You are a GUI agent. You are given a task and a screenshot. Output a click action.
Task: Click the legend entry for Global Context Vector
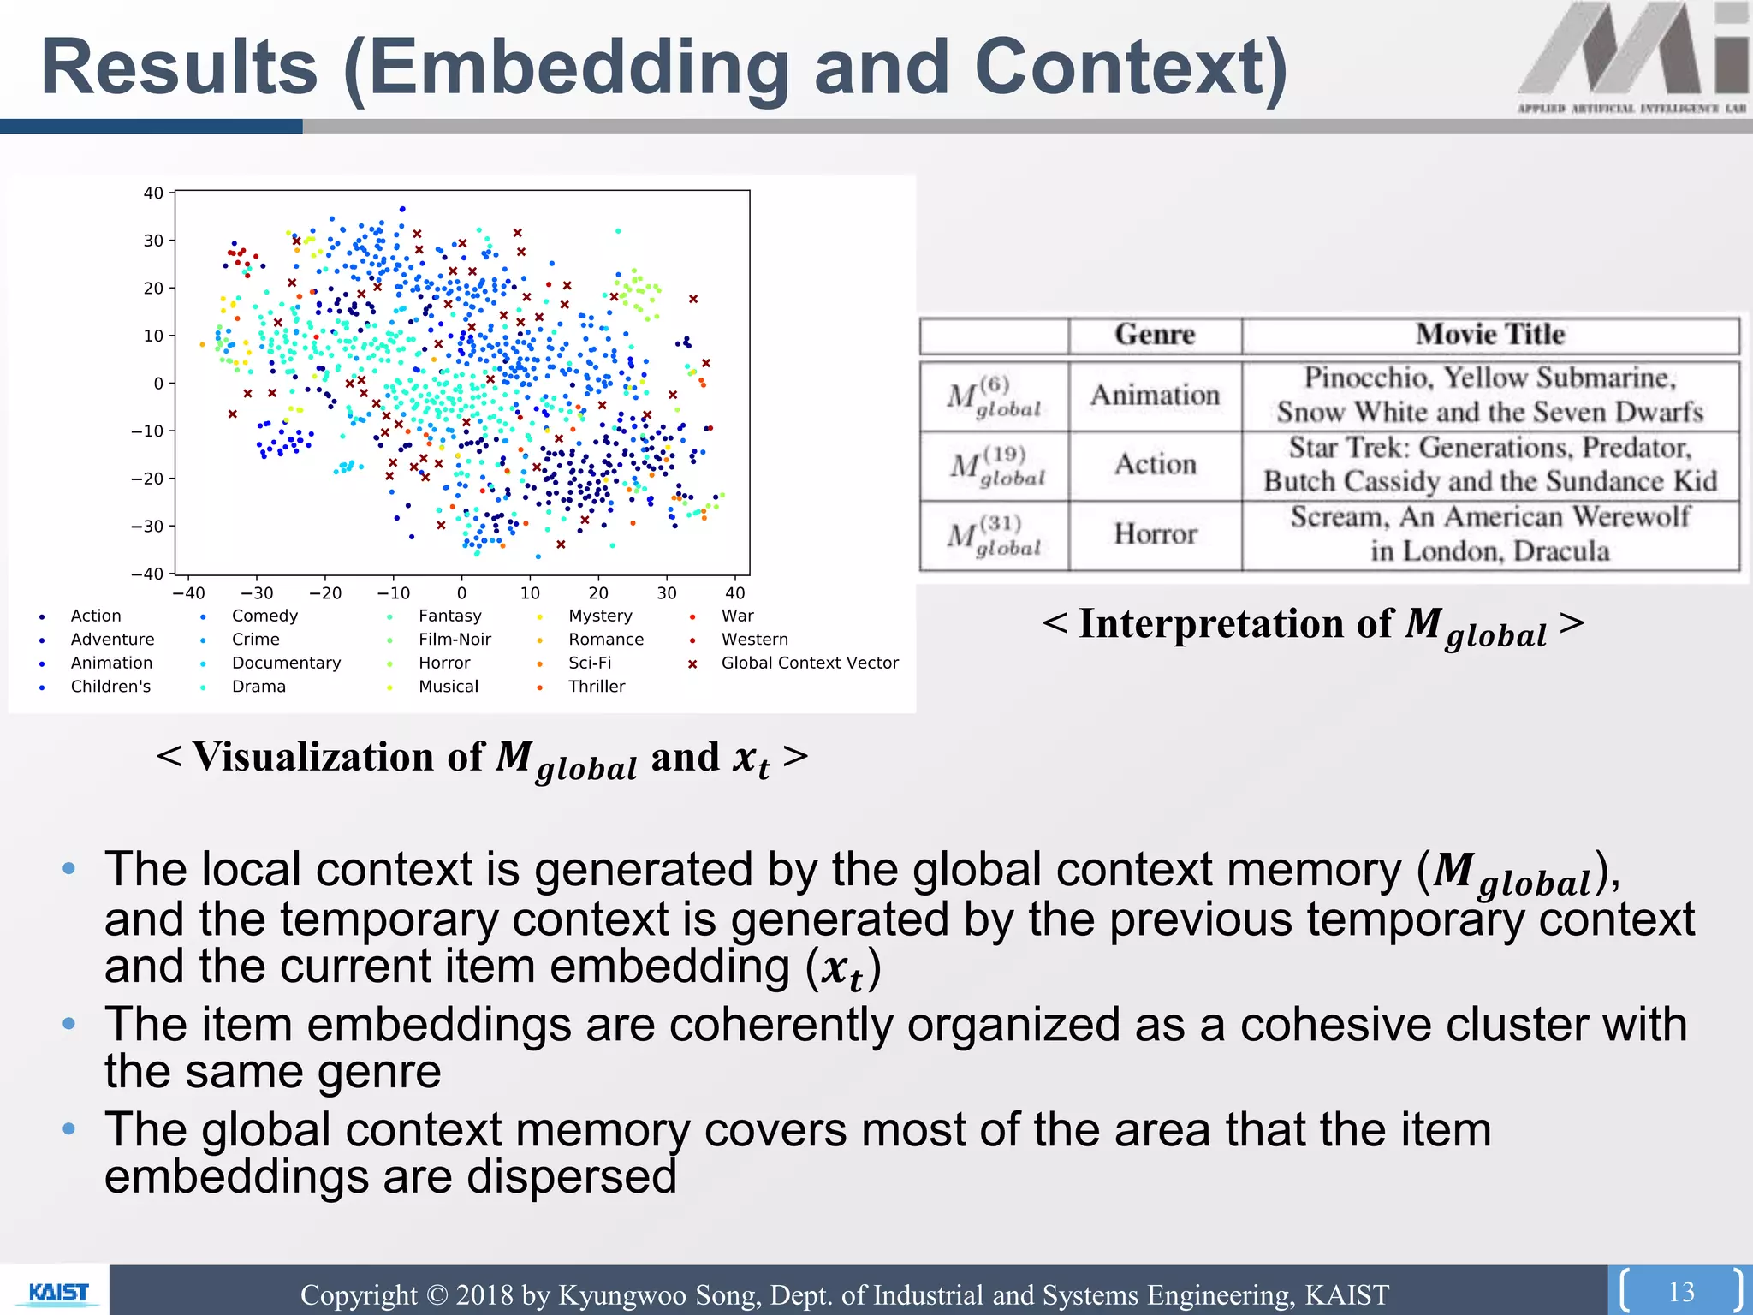[809, 663]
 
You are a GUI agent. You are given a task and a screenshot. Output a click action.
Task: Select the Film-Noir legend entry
[455, 639]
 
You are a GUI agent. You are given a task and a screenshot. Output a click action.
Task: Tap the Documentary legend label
[286, 663]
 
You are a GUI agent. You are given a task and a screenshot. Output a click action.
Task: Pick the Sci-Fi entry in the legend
[590, 663]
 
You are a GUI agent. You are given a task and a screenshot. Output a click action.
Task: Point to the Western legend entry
[754, 639]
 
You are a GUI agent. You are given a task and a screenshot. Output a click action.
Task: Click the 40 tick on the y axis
[153, 193]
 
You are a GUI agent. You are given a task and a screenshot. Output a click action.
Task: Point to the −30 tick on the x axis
[257, 592]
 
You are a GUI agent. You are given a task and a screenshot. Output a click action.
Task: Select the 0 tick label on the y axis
[157, 384]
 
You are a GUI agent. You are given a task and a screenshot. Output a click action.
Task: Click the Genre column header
[1155, 335]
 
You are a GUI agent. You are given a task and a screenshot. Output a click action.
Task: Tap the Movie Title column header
[1490, 335]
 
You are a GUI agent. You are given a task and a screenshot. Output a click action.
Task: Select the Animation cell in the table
[1155, 396]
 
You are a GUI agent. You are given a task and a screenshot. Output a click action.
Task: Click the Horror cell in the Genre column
[1155, 534]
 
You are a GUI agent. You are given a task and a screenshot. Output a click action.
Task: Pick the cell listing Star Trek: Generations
[1490, 465]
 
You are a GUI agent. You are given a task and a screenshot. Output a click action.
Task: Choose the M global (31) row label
[994, 536]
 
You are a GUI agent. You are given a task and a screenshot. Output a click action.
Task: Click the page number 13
[1681, 1291]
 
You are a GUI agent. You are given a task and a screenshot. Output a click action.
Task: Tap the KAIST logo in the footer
[57, 1292]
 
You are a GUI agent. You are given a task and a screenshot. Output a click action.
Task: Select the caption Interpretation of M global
[1313, 625]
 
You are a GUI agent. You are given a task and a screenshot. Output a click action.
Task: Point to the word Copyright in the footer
[359, 1294]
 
